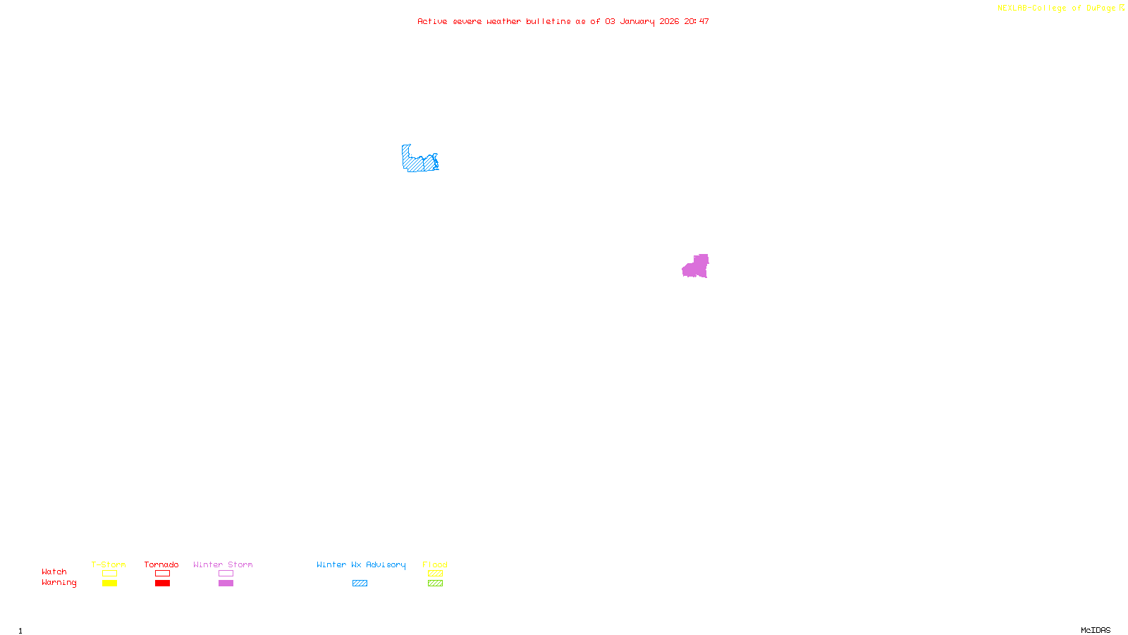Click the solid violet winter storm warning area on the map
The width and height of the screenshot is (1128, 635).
[x=696, y=267]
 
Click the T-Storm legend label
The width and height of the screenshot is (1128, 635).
[x=109, y=564]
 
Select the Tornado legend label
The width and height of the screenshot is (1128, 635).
[x=161, y=564]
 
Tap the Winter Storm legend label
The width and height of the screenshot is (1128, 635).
[x=223, y=564]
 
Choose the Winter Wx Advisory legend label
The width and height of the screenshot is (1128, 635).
[x=361, y=564]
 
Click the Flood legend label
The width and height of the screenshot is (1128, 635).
[x=435, y=564]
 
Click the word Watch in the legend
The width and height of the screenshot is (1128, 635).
[x=54, y=571]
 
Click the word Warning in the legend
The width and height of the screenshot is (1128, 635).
[x=59, y=583]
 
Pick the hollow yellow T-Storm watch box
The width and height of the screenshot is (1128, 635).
[x=109, y=574]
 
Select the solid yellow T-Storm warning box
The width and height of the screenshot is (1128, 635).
[x=109, y=583]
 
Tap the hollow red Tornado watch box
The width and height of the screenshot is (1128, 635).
[x=162, y=574]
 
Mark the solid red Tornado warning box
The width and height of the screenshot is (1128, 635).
[x=162, y=583]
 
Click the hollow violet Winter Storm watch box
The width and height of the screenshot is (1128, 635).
[x=226, y=574]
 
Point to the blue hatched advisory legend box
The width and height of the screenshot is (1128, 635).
[x=360, y=583]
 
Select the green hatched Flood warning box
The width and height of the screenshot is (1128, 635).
[x=435, y=583]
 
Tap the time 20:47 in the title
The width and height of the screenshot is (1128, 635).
[x=697, y=21]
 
